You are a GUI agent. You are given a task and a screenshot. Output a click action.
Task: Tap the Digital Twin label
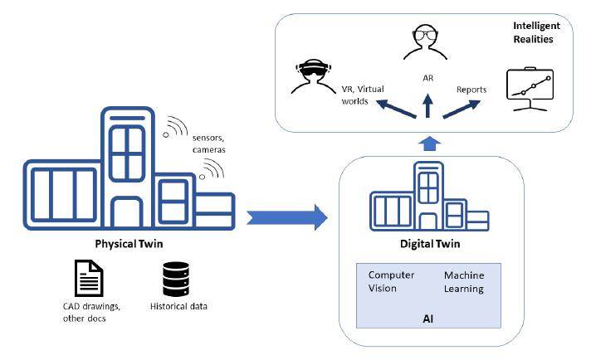[x=424, y=246]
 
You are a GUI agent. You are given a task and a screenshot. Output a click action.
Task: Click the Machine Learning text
[x=464, y=281]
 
